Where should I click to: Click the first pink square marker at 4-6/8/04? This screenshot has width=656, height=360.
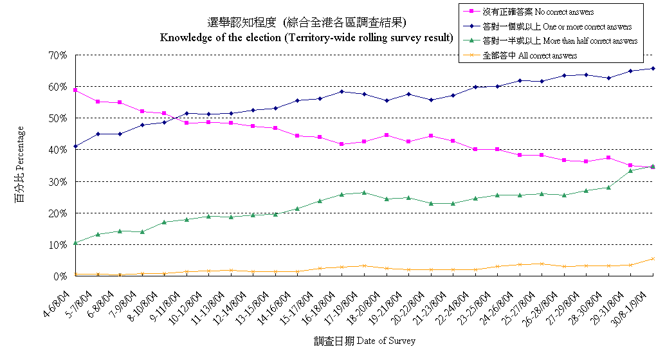point(76,90)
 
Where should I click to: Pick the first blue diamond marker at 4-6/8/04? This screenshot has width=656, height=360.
point(76,147)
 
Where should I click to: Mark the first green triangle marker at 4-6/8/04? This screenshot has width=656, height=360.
point(76,243)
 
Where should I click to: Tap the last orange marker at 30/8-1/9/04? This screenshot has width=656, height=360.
point(653,259)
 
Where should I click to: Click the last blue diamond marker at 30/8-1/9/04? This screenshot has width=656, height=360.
point(653,68)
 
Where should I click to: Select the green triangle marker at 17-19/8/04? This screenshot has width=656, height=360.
point(365,192)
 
